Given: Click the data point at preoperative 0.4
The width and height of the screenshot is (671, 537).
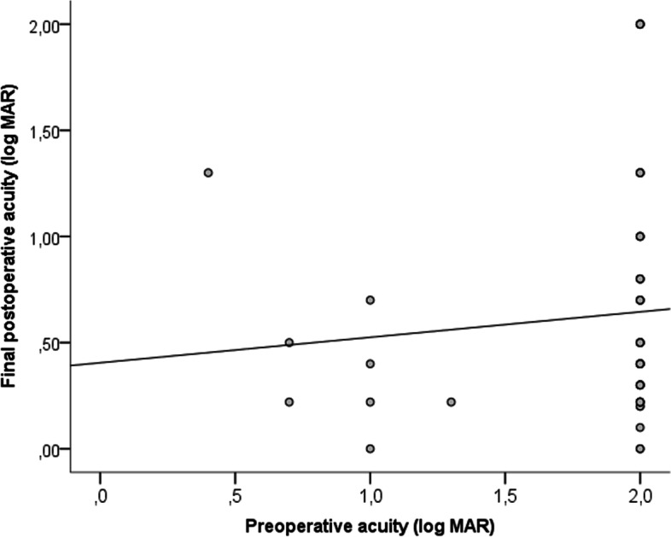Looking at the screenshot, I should (207, 172).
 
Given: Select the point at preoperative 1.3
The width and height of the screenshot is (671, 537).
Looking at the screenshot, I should (451, 401).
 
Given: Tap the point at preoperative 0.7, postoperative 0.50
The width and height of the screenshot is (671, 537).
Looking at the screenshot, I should (289, 342).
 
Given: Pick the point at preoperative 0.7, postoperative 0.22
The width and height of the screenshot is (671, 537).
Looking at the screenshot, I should (289, 401).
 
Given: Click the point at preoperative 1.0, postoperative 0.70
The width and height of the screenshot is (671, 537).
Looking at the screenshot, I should (370, 300).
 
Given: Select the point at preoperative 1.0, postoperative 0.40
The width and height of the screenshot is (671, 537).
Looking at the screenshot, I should (370, 364).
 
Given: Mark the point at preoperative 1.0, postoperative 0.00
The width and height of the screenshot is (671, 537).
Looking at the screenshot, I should (370, 448).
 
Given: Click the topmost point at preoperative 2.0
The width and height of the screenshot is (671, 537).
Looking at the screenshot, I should (639, 24).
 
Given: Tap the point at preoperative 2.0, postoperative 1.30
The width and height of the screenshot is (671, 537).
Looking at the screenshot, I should (639, 172).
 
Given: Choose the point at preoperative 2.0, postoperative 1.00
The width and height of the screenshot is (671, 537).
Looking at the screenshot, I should (639, 236).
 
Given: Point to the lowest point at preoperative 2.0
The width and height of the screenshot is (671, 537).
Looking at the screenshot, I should (639, 448).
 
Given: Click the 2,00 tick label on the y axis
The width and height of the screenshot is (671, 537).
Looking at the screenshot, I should (44, 25).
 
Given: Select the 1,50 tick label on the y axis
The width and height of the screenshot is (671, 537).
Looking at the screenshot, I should (44, 131).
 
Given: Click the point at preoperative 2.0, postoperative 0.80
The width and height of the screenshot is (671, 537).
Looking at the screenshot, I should (639, 278).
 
